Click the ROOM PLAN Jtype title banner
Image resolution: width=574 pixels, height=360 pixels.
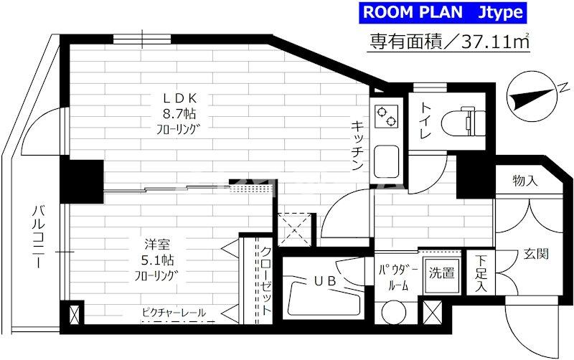pyautogui.click(x=442, y=12)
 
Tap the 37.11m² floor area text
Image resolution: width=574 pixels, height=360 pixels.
pyautogui.click(x=450, y=42)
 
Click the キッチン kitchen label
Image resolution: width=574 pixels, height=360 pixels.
pyautogui.click(x=357, y=146)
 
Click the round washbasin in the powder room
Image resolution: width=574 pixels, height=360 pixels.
pyautogui.click(x=394, y=314)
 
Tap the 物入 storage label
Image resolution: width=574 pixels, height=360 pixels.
pyautogui.click(x=525, y=180)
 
